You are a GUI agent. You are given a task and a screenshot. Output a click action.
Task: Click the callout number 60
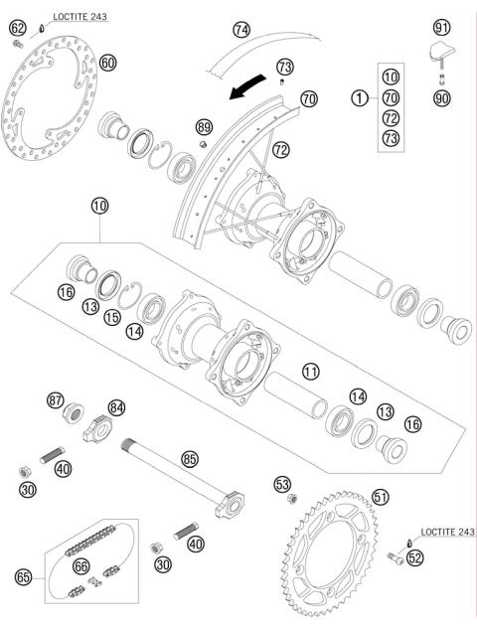[108, 63]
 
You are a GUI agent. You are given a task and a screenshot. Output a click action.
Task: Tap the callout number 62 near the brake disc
[17, 28]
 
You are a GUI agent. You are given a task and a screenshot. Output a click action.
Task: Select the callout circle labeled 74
[241, 29]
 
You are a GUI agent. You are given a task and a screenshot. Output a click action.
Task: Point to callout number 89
[205, 127]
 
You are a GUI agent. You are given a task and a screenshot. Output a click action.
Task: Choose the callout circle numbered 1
[358, 97]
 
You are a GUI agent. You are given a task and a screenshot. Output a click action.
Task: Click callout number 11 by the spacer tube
[311, 372]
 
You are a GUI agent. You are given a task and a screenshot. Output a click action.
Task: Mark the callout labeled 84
[117, 406]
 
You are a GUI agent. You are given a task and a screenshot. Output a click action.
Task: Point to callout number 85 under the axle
[190, 459]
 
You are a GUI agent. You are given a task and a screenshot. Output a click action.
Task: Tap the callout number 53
[282, 484]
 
